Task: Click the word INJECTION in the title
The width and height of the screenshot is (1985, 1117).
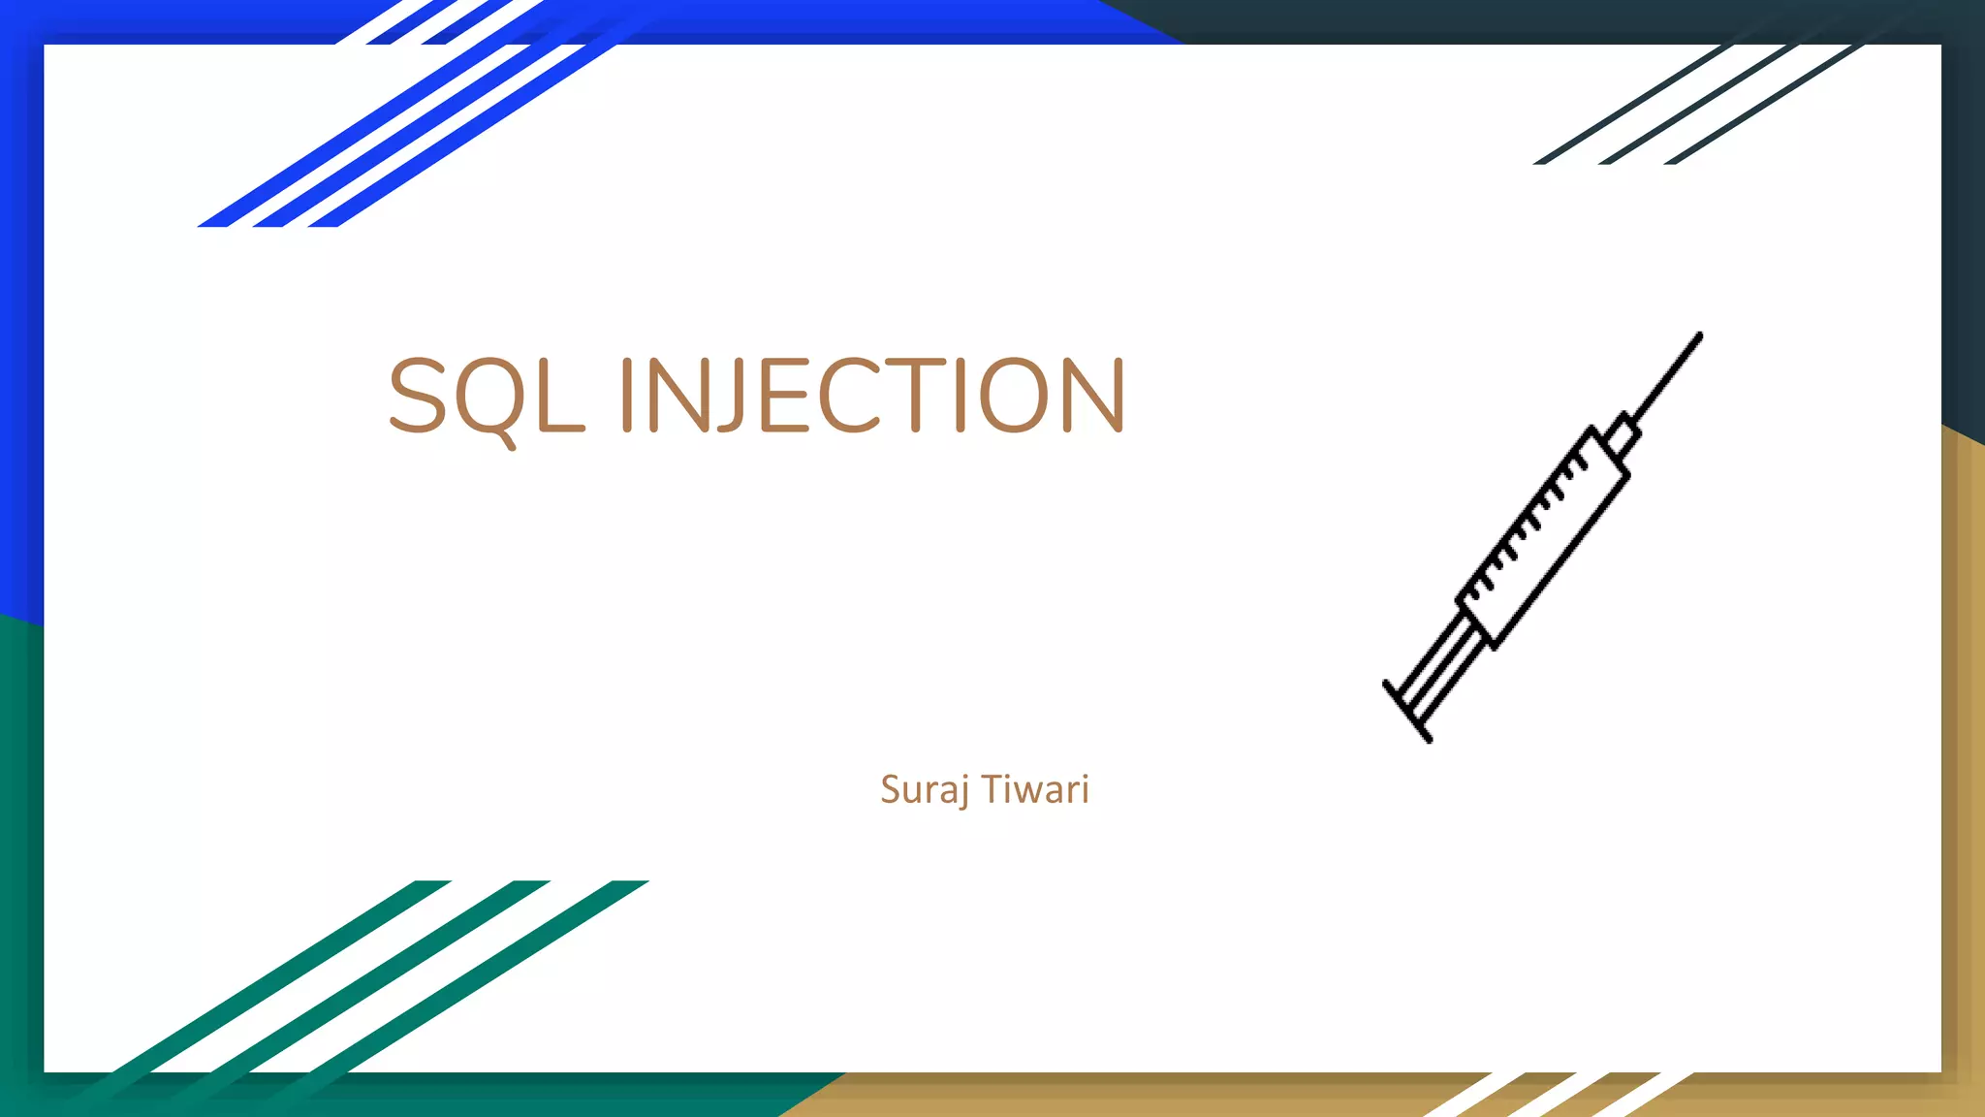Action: (x=872, y=396)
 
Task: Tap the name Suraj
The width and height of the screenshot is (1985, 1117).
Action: (x=924, y=790)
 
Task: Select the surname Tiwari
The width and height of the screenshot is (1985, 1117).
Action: (x=1035, y=790)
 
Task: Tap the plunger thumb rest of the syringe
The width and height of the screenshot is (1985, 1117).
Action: (x=1406, y=713)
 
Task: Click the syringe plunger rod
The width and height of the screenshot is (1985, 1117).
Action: (x=1441, y=665)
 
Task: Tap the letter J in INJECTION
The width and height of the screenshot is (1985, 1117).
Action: (x=728, y=396)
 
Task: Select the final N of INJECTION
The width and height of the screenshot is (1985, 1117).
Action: (x=1093, y=396)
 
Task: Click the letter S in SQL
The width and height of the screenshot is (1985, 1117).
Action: (x=417, y=396)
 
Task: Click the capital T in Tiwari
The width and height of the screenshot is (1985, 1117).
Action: (x=994, y=789)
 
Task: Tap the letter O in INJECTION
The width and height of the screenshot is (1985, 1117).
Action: (x=1015, y=396)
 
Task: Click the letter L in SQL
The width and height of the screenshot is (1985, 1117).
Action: (x=560, y=396)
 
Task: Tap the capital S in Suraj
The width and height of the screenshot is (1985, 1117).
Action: (x=891, y=789)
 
